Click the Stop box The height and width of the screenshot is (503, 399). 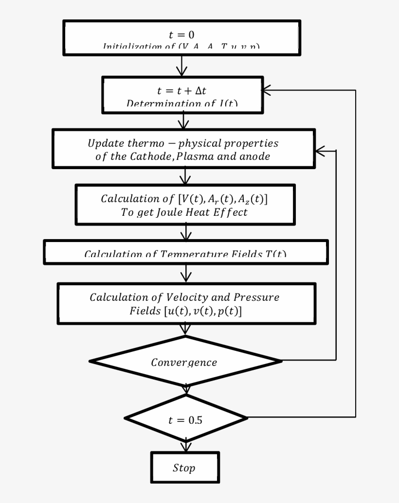tap(184, 468)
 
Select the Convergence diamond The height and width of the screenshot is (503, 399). tap(184, 362)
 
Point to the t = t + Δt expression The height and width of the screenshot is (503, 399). tap(182, 91)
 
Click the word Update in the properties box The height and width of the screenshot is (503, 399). tap(104, 144)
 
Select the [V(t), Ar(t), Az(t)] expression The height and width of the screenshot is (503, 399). tap(223, 199)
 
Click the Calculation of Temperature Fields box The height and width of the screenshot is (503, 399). tap(185, 253)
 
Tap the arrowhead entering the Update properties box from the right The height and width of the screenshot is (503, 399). tap(320, 151)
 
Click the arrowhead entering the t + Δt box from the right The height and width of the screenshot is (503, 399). tap(267, 90)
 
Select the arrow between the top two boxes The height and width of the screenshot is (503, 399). tap(182, 66)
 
